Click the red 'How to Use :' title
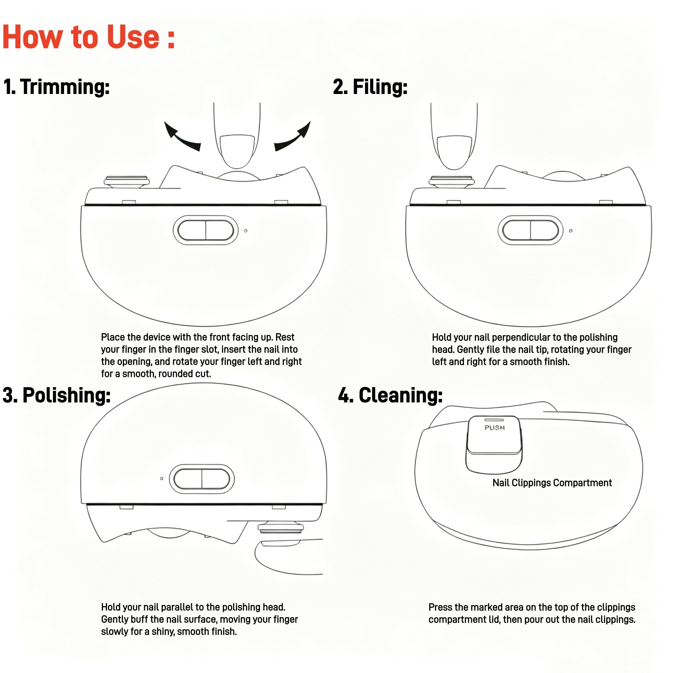(88, 37)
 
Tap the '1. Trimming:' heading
(57, 86)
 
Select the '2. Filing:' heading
(370, 86)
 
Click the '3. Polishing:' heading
(57, 395)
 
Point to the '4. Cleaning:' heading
(390, 395)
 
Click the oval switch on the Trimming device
(205, 230)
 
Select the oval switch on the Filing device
(530, 230)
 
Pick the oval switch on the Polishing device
(202, 478)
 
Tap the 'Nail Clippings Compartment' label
(552, 483)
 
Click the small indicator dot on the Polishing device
(162, 478)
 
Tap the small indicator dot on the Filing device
(570, 231)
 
